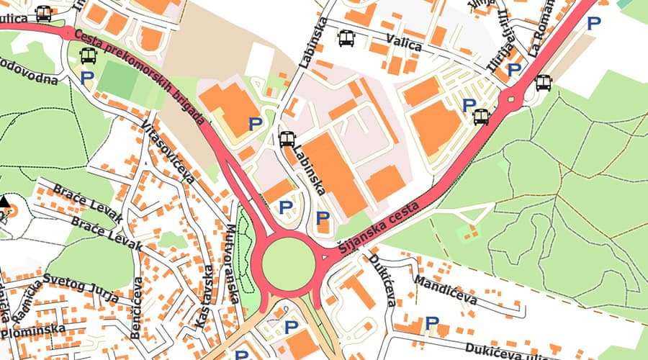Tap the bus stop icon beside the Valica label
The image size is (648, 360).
pos(347,38)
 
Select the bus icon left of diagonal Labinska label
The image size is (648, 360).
pos(287,139)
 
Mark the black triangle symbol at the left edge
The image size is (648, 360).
pos(5,201)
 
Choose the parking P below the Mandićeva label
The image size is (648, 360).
pos(432,323)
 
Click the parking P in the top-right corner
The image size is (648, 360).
pos(593,23)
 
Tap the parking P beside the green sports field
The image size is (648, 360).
pos(88,78)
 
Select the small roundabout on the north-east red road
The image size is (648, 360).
pos(513,98)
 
